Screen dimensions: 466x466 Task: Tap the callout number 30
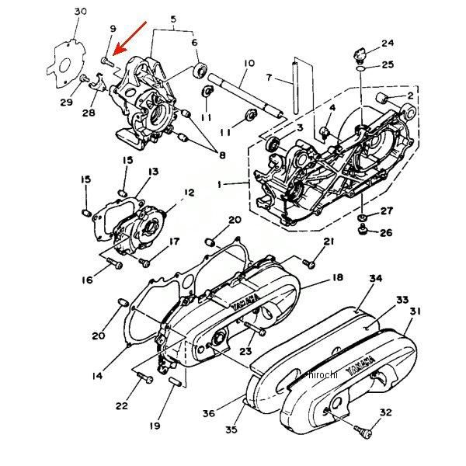click(x=81, y=11)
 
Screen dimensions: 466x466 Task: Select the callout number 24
click(x=388, y=43)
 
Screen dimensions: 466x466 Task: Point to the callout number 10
click(x=249, y=62)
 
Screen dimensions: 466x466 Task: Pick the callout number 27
click(x=386, y=211)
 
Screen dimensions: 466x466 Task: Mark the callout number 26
click(x=386, y=233)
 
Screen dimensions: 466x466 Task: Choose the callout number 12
click(x=189, y=192)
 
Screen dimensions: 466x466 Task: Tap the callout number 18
click(x=337, y=278)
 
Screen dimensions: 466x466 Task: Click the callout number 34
click(x=376, y=279)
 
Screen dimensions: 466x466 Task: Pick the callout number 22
click(x=122, y=406)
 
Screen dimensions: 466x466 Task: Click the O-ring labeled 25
click(x=363, y=69)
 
